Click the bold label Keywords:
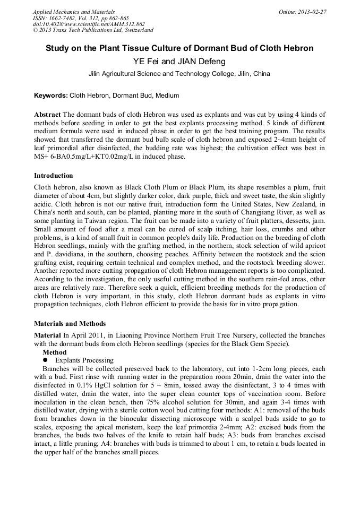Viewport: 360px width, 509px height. point(51,96)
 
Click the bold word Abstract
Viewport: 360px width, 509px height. point(47,115)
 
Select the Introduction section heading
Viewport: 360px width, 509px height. point(54,176)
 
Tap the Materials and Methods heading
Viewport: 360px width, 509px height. point(70,323)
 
